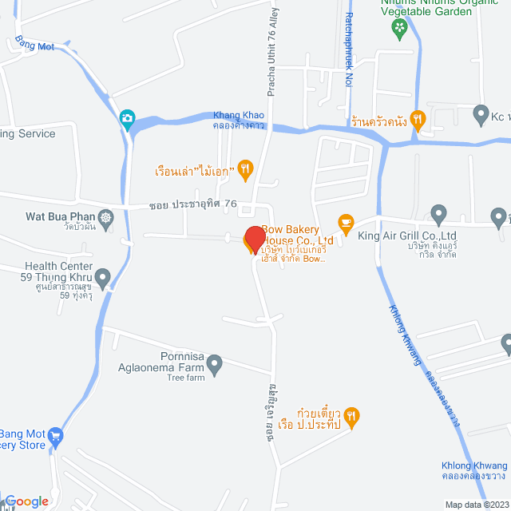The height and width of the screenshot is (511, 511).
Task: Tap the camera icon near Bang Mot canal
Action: tap(127, 120)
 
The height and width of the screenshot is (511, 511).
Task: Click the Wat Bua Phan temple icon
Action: tap(105, 216)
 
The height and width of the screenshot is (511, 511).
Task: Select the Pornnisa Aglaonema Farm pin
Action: tap(214, 365)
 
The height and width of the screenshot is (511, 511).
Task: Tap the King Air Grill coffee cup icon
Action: tap(345, 221)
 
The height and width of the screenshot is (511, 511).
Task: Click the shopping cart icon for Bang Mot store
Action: tap(55, 436)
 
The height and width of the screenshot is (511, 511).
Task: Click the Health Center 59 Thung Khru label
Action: tap(60, 272)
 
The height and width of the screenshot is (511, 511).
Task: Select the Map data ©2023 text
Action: tap(476, 505)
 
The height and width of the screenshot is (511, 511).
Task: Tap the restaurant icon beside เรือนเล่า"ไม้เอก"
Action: tap(245, 169)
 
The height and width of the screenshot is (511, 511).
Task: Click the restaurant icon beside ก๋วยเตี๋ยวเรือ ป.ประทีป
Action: tap(354, 416)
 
